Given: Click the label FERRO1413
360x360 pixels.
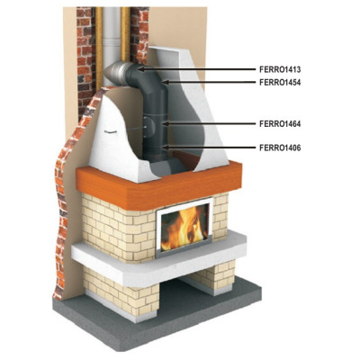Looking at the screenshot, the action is click(x=280, y=69).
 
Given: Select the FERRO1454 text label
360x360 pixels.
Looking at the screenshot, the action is click(x=280, y=82).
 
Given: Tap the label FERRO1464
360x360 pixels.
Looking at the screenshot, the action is click(x=280, y=123).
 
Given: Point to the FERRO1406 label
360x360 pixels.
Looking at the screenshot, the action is click(x=280, y=148).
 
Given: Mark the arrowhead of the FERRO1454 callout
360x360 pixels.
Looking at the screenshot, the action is click(x=165, y=82).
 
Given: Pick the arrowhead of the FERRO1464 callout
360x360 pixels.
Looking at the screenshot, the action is click(x=165, y=123).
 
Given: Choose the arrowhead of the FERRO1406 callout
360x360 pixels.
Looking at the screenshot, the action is click(x=165, y=148).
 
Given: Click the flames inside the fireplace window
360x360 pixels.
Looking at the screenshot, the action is click(x=184, y=228).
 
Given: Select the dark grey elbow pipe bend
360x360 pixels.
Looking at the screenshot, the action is click(x=141, y=78).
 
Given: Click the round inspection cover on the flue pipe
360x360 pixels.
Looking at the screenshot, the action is click(x=149, y=127).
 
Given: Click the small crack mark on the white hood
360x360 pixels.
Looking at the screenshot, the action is click(x=109, y=132).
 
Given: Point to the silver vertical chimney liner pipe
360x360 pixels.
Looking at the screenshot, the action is click(x=112, y=36).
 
